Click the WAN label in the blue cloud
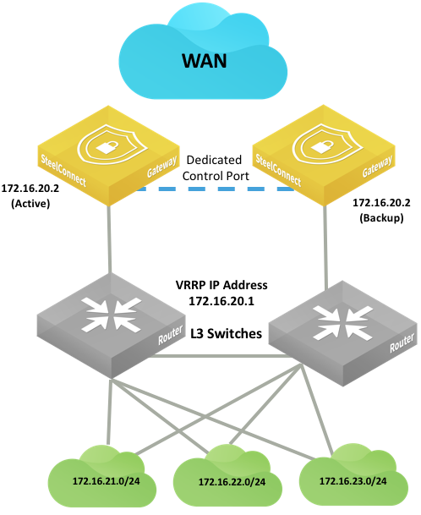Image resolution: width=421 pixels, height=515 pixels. [x=205, y=61]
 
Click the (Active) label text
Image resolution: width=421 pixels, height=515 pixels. [x=30, y=204]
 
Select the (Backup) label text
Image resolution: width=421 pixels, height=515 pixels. [x=381, y=218]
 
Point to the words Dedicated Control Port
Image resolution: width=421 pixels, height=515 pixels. [x=216, y=167]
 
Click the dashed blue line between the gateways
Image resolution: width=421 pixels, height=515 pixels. [x=216, y=189]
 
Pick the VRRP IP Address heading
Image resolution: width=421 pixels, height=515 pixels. [x=221, y=285]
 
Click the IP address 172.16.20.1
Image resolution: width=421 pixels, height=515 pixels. [x=221, y=301]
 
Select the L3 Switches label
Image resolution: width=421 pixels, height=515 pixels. [x=227, y=333]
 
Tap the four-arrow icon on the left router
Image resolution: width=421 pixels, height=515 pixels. [x=112, y=315]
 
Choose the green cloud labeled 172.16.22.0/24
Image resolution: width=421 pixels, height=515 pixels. [x=227, y=478]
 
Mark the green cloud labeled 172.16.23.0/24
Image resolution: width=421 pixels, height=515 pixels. [x=353, y=476]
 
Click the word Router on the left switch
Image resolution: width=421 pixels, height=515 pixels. [x=170, y=335]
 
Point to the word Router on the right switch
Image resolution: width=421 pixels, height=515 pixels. [x=402, y=343]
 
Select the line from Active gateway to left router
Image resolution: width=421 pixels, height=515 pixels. [x=109, y=239]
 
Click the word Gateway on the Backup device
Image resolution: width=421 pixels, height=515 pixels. [x=377, y=166]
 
